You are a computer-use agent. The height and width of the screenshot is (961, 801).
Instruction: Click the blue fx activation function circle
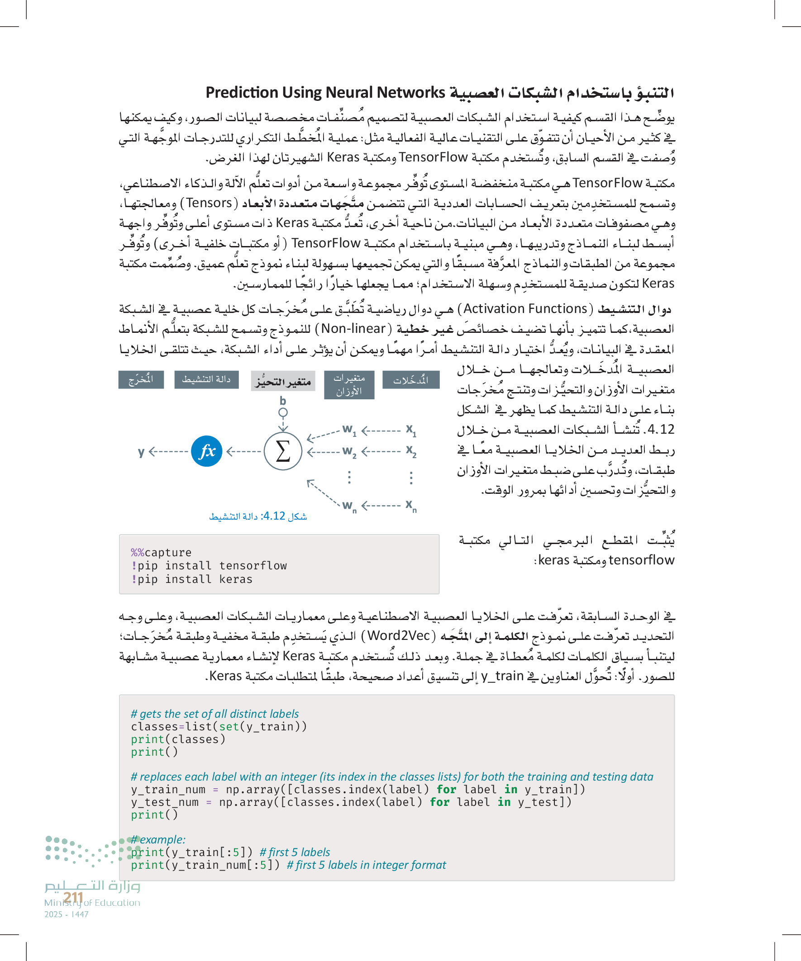pyautogui.click(x=206, y=451)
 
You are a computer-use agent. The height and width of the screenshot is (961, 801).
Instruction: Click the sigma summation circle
pyautogui.click(x=283, y=451)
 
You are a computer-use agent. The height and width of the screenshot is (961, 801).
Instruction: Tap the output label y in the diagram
pyautogui.click(x=141, y=452)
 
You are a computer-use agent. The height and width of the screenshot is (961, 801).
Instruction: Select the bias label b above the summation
pyautogui.click(x=283, y=401)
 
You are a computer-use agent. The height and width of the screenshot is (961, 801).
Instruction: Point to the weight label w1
pyautogui.click(x=349, y=430)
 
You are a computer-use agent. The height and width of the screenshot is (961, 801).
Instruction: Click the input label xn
pyautogui.click(x=411, y=505)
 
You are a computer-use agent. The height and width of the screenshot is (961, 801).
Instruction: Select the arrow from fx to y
pyautogui.click(x=168, y=452)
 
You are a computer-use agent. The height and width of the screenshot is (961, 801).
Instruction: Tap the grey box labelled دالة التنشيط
pyautogui.click(x=206, y=380)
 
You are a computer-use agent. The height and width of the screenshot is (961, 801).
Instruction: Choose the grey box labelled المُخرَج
pyautogui.click(x=141, y=380)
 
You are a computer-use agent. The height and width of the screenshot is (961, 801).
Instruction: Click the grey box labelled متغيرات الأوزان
pyautogui.click(x=349, y=385)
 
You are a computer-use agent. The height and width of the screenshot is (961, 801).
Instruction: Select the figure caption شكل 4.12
pyautogui.click(x=258, y=516)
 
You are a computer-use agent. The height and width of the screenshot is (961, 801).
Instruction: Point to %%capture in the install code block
pyautogui.click(x=161, y=552)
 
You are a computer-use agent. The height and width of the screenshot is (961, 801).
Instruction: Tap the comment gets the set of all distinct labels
pyautogui.click(x=215, y=714)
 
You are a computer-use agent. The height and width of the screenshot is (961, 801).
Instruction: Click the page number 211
pyautogui.click(x=73, y=898)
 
